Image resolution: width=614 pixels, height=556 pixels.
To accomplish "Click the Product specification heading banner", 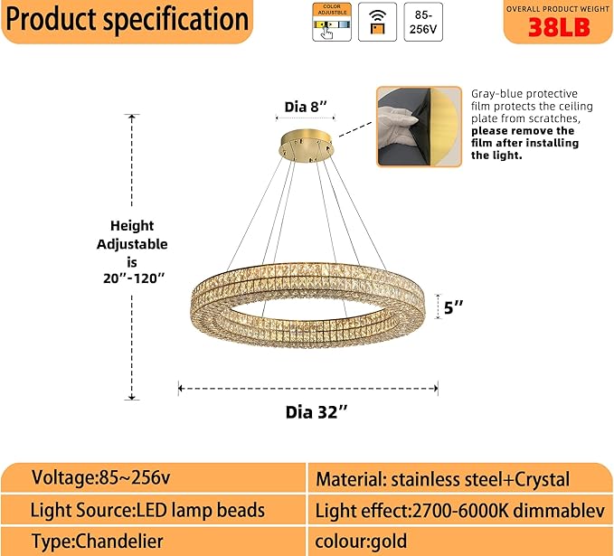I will pyautogui.click(x=127, y=20).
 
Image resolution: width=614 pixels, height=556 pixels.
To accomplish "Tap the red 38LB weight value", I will pyautogui.click(x=558, y=28).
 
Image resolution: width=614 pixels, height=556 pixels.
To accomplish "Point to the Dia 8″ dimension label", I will pyautogui.click(x=305, y=107).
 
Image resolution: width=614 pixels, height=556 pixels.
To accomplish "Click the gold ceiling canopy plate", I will pyautogui.click(x=305, y=144).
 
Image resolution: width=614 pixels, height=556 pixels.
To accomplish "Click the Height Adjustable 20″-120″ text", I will pyautogui.click(x=132, y=252).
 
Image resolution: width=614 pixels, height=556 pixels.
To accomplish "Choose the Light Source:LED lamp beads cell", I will pyautogui.click(x=147, y=510).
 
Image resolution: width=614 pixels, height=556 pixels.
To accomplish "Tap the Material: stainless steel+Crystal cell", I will pyautogui.click(x=442, y=479).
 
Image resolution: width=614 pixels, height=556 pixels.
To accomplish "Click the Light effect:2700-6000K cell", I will pyautogui.click(x=459, y=511).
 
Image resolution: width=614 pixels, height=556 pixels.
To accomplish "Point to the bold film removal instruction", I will pyautogui.click(x=525, y=143).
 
